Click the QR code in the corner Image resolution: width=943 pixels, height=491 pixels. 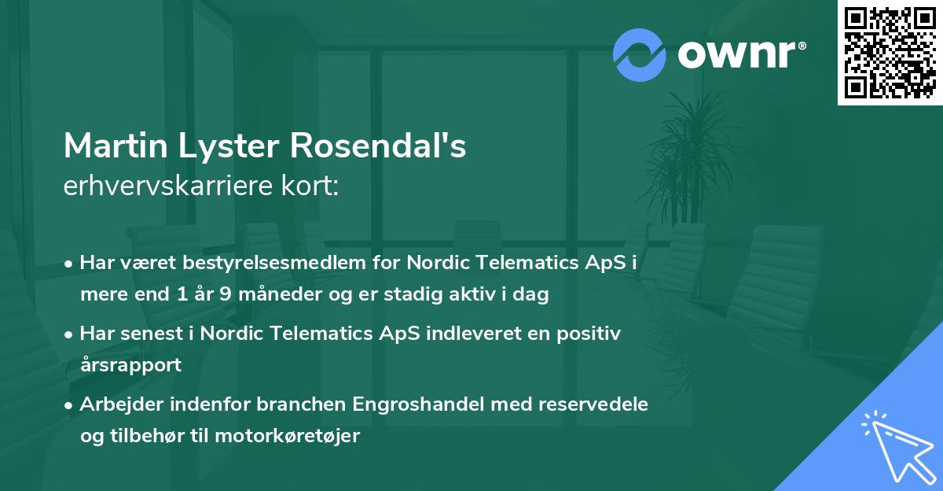[x=890, y=52]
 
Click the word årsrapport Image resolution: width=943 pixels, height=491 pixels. [x=130, y=364]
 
